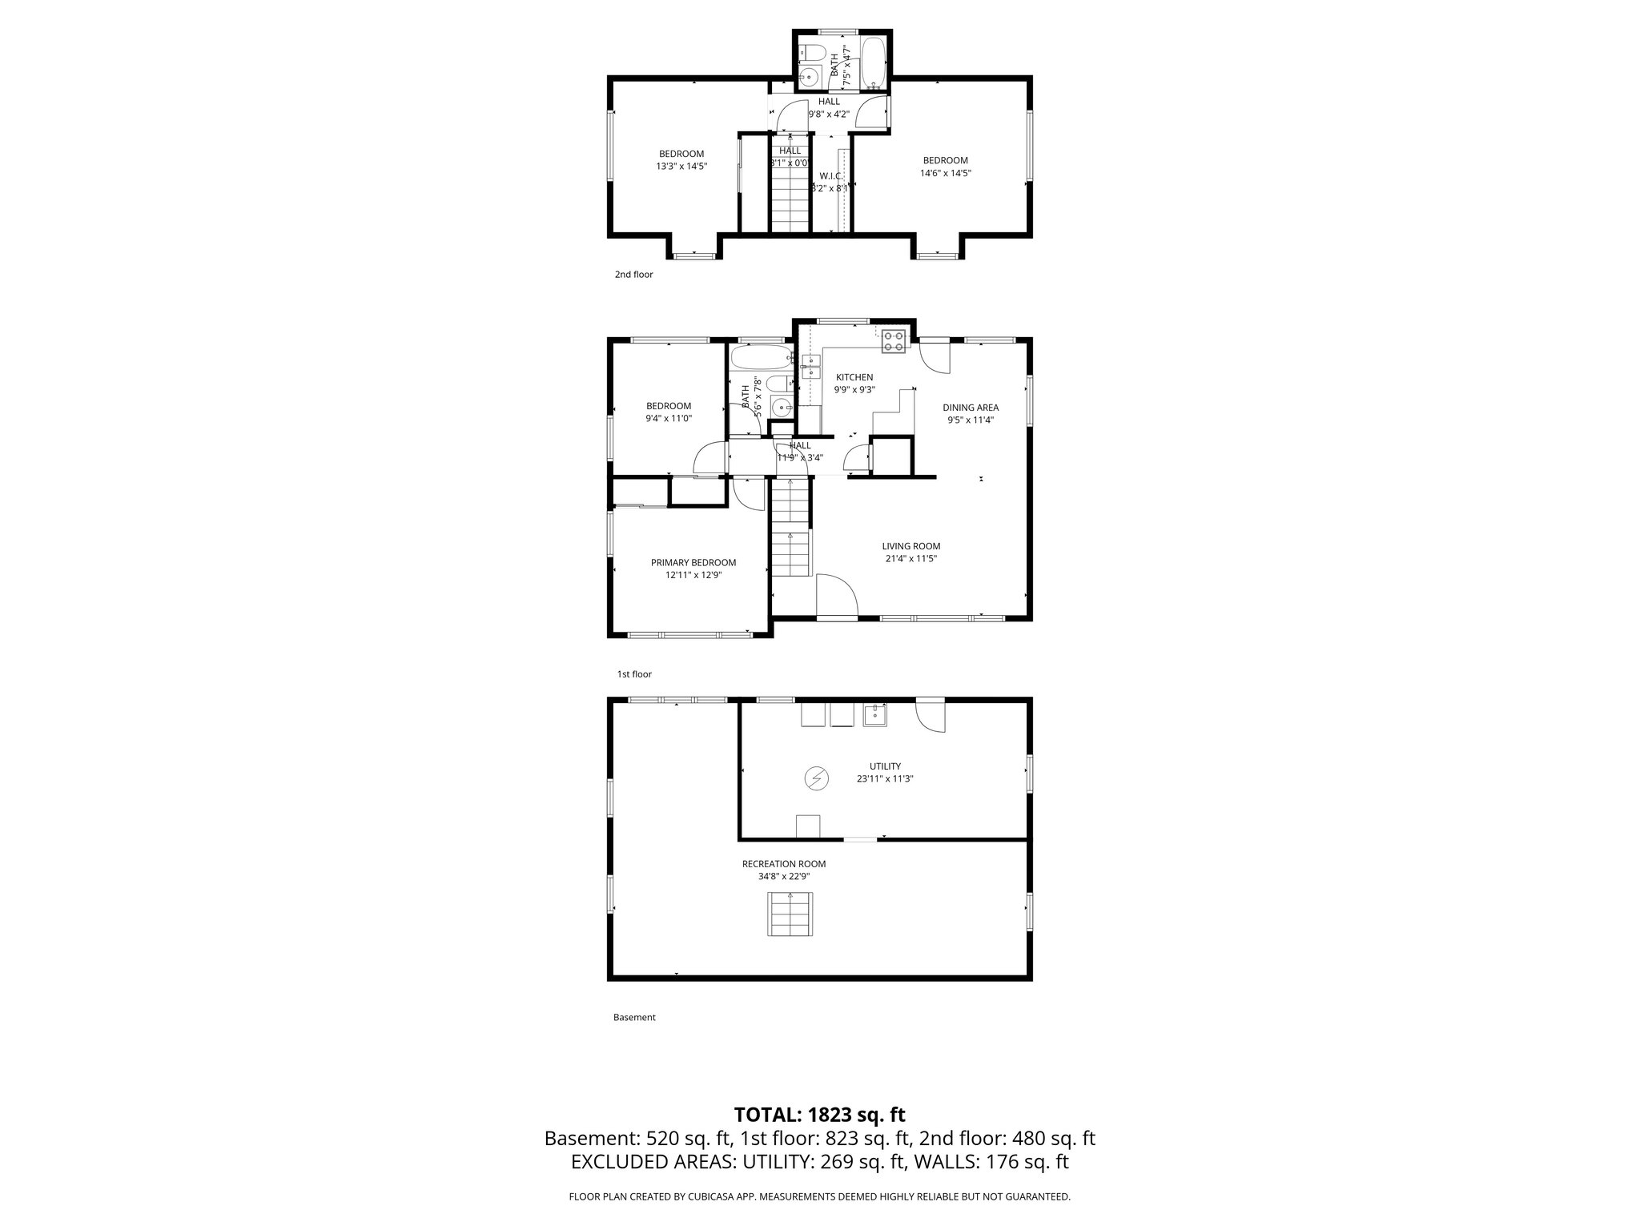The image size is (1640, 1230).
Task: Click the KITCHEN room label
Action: tap(854, 377)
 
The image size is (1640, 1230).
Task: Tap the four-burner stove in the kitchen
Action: tap(894, 342)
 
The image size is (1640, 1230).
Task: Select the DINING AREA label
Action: tap(971, 408)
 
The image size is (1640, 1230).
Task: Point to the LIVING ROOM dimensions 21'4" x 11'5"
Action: tap(911, 559)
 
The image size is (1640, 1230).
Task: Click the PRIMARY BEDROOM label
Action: tap(693, 562)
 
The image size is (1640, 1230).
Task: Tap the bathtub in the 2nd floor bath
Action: tap(873, 62)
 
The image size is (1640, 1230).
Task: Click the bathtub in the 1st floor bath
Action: tap(761, 356)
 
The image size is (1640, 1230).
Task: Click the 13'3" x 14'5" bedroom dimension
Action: tap(681, 167)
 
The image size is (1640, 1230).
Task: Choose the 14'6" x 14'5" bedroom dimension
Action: tap(946, 173)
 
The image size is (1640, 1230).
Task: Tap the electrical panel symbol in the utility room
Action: tap(816, 778)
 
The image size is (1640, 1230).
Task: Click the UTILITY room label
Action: tap(885, 766)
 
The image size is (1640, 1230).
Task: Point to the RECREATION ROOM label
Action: tap(783, 864)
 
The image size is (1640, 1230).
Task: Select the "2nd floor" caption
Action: tap(633, 275)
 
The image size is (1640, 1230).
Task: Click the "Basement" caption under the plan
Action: tap(634, 1018)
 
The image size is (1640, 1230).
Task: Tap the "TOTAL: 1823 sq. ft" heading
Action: tap(819, 1115)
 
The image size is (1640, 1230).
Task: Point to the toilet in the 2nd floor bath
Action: tap(814, 53)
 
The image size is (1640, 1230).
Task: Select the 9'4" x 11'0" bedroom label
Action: tap(669, 418)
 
